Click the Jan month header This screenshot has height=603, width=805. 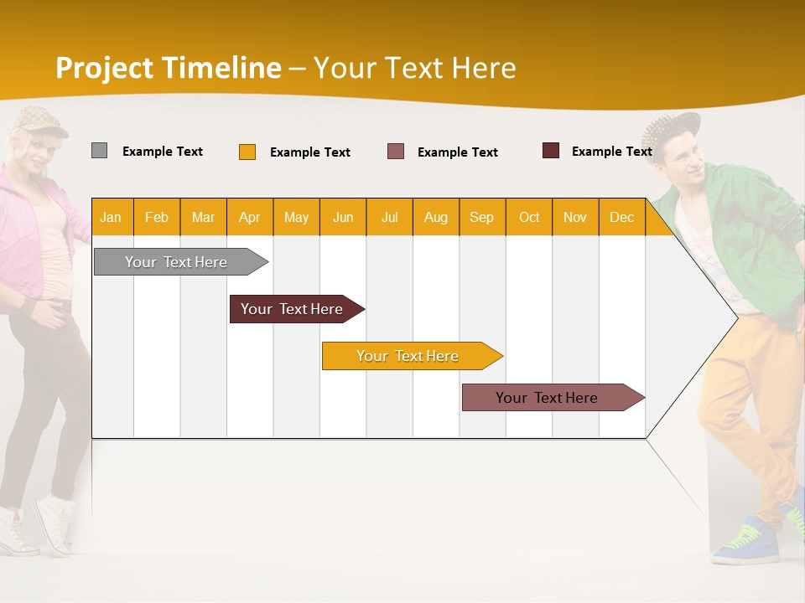[112, 218]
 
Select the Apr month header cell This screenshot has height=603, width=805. [250, 218]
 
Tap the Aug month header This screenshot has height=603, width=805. [436, 218]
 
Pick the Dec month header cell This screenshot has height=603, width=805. [622, 218]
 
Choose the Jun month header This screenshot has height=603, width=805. [343, 218]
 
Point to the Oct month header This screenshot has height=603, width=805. [529, 218]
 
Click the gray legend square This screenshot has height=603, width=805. [99, 151]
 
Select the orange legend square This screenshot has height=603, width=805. [247, 152]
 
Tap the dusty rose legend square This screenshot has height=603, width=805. [396, 152]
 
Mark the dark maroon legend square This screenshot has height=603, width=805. [551, 151]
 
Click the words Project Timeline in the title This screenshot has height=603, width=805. [168, 68]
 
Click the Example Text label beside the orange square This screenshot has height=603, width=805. [310, 152]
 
